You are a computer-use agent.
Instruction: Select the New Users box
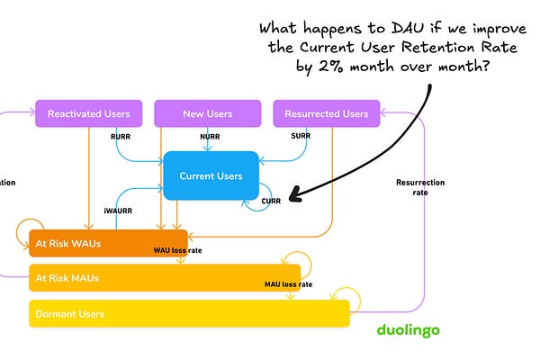[x=207, y=114]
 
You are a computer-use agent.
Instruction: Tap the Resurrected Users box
[x=326, y=114]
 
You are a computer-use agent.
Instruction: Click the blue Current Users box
[x=211, y=175]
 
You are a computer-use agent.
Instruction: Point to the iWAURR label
[x=118, y=211]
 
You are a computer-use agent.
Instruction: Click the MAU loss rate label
[x=288, y=284]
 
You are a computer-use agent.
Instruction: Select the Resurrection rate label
[x=419, y=188]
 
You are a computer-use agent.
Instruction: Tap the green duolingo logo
[x=408, y=330]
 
